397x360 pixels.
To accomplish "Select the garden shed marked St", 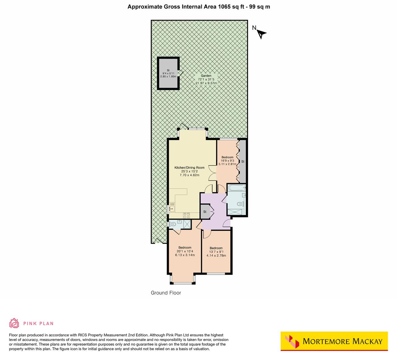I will [x=168, y=73].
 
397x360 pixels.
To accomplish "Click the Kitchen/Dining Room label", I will [x=189, y=171].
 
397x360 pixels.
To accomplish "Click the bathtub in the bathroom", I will [x=236, y=188].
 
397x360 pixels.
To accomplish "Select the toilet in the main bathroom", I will [x=239, y=204].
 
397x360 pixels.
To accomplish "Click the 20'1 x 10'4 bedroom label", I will [x=185, y=251].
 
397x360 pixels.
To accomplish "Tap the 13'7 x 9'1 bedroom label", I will [x=216, y=252].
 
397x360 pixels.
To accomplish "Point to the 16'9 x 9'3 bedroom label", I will [x=227, y=161].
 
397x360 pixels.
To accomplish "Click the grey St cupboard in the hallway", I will [x=205, y=212].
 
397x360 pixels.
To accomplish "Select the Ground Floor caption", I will [x=166, y=293].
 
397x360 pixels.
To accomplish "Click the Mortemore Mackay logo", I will [x=334, y=341].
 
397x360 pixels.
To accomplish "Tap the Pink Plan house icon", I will [x=14, y=323].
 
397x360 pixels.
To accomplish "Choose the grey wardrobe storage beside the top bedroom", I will [x=243, y=162].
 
